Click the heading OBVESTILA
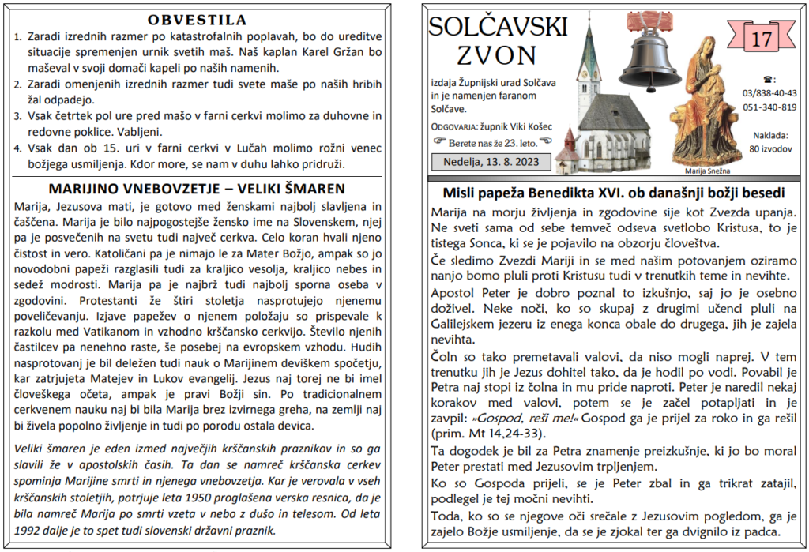tap(197, 20)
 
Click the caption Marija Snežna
tap(704, 170)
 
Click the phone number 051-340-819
tap(769, 107)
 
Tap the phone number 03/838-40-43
tap(769, 93)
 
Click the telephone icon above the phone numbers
tap(769, 79)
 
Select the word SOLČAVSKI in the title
tap(498, 27)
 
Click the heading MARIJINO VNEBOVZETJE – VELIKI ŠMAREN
tap(197, 189)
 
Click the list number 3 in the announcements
tap(18, 116)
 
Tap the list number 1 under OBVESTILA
tap(18, 36)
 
